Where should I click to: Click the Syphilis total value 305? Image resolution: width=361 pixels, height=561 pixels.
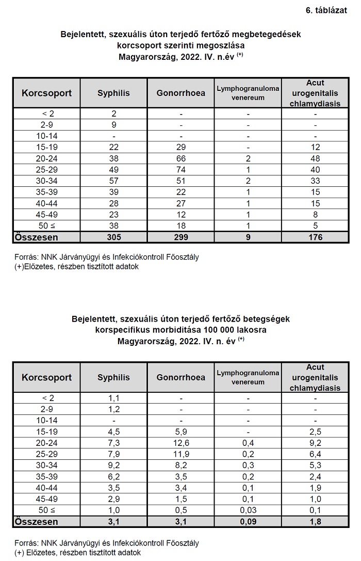click(x=113, y=237)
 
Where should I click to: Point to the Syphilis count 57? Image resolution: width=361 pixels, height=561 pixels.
click(x=113, y=181)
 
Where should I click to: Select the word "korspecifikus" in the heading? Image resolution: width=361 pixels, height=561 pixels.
click(x=121, y=330)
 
